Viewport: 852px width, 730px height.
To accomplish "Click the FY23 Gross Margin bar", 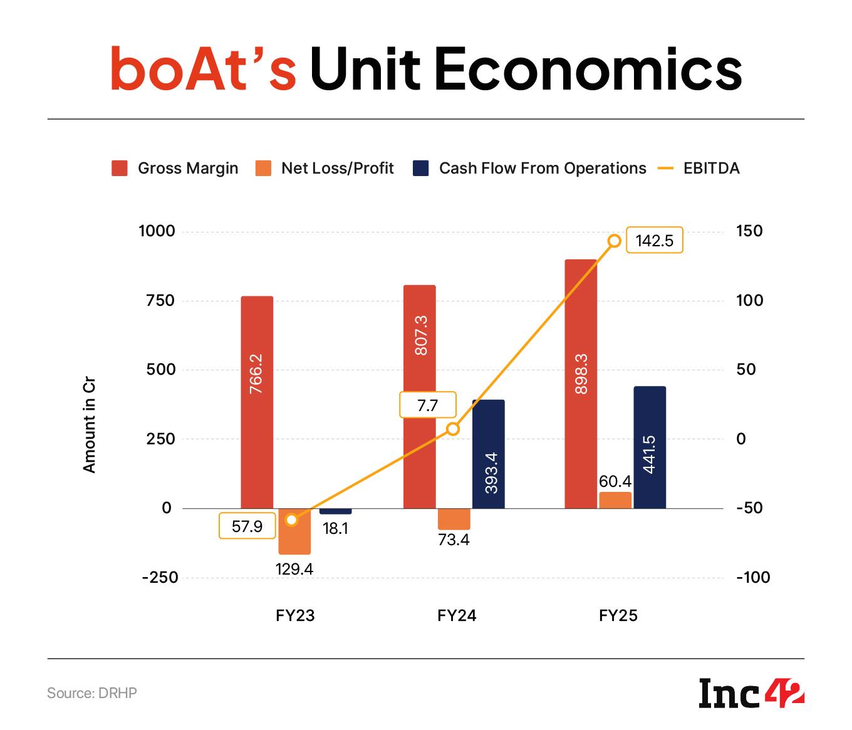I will click(x=257, y=401).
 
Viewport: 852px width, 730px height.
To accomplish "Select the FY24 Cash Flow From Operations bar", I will click(x=488, y=454).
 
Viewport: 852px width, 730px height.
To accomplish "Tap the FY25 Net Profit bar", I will click(x=615, y=500).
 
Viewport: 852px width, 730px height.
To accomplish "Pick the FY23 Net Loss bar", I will click(x=294, y=531).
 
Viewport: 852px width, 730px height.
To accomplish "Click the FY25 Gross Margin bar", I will click(x=580, y=383).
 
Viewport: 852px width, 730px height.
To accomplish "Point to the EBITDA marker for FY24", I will click(x=453, y=429).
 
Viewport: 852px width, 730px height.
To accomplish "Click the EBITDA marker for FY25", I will click(x=615, y=241).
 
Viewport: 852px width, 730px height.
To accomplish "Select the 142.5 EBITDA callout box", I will click(x=654, y=241).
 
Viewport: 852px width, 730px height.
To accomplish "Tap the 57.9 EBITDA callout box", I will click(x=247, y=526).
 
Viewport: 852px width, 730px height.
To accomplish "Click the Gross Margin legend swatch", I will click(x=120, y=168).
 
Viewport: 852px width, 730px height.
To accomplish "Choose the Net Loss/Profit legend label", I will click(x=337, y=168).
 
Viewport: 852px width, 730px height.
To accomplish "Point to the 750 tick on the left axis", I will click(x=160, y=301).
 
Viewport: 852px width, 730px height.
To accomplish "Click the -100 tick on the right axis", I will click(x=753, y=577).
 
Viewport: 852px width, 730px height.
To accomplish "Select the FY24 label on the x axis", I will click(x=457, y=615).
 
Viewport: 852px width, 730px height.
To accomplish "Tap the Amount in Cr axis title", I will click(x=89, y=425).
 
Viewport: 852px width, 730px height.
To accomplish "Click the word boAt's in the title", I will click(x=202, y=69).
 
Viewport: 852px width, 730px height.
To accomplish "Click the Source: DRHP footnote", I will click(x=92, y=693).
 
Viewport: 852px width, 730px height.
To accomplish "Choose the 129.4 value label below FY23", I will click(x=294, y=569).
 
